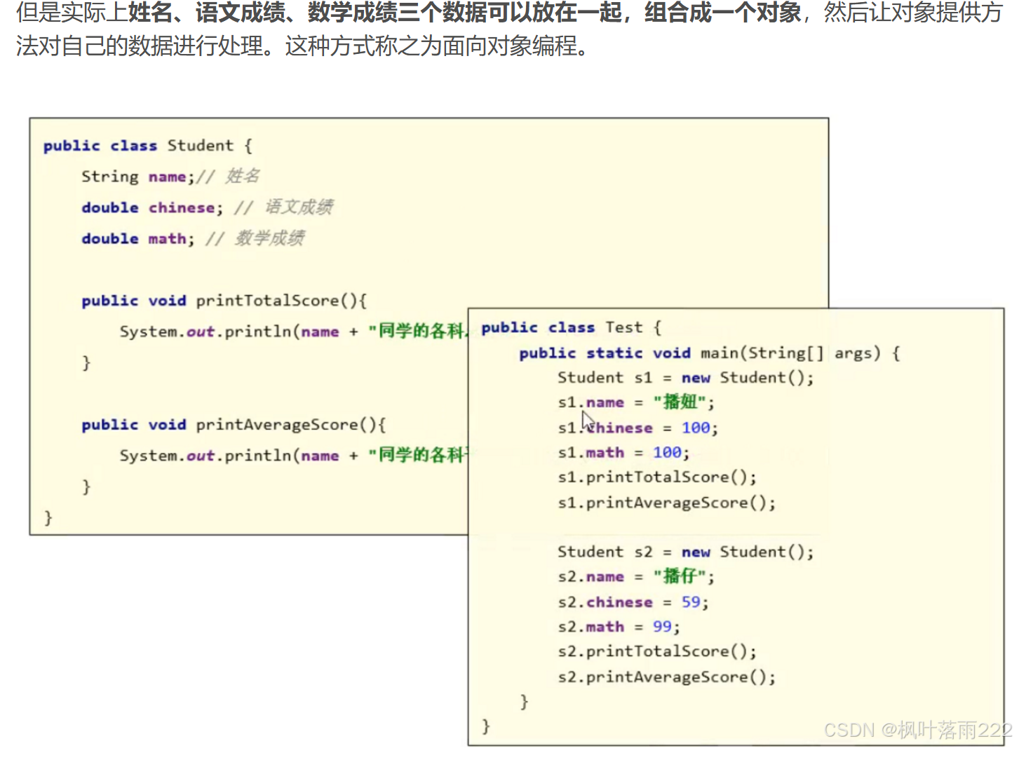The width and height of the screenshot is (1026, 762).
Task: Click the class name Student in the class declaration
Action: point(200,146)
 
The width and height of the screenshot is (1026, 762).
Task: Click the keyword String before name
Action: point(110,177)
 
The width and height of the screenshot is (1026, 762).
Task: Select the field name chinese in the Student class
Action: point(182,207)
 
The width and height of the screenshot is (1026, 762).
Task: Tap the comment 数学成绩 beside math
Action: point(269,238)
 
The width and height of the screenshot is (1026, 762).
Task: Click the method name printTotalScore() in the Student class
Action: point(281,301)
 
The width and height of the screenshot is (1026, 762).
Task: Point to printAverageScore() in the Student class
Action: point(290,425)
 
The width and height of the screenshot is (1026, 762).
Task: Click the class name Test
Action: point(623,327)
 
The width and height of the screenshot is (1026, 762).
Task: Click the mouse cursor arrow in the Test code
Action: point(587,421)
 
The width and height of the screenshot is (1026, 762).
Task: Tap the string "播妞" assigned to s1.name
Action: point(680,402)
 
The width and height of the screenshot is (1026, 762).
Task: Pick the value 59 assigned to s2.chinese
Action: point(691,602)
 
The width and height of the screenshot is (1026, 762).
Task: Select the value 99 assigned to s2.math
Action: point(662,627)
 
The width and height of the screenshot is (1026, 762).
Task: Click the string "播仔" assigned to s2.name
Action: point(680,577)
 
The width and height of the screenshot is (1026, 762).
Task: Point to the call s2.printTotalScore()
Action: point(657,652)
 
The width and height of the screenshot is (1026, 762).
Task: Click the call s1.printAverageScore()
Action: point(666,503)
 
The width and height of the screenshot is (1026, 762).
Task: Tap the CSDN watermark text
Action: point(917,730)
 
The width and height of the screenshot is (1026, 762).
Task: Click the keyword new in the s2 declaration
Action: point(696,552)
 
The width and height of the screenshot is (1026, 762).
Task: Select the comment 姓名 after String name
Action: point(243,176)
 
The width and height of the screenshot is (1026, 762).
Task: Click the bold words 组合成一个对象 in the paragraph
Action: point(722,13)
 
